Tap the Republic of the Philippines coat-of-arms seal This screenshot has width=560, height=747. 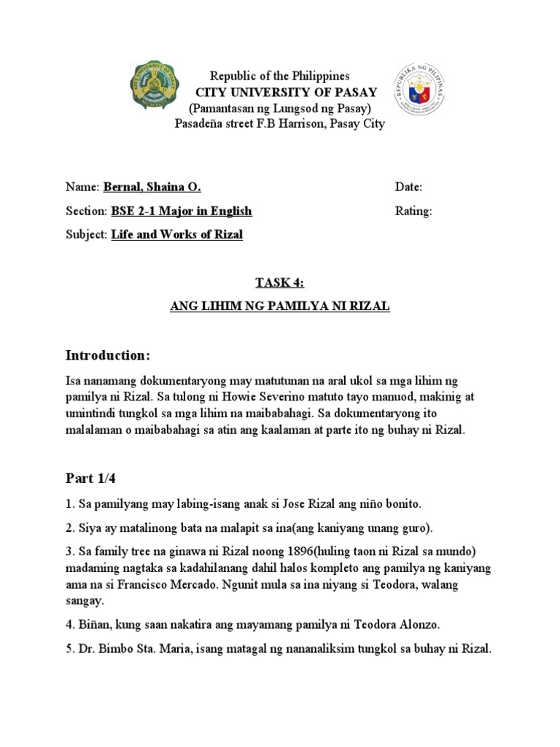(x=419, y=89)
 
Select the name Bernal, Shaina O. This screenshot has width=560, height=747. (x=152, y=187)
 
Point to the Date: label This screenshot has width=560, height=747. (x=408, y=187)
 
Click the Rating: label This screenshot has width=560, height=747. (x=413, y=212)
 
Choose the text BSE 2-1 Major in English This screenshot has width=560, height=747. (x=181, y=212)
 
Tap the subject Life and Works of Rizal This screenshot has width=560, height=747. (x=176, y=235)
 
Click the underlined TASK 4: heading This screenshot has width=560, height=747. (x=279, y=283)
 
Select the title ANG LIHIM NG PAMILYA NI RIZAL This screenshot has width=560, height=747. (x=280, y=307)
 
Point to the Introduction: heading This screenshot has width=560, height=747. (x=108, y=355)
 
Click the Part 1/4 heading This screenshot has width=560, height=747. (x=91, y=479)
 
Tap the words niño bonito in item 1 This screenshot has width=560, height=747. (x=392, y=503)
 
